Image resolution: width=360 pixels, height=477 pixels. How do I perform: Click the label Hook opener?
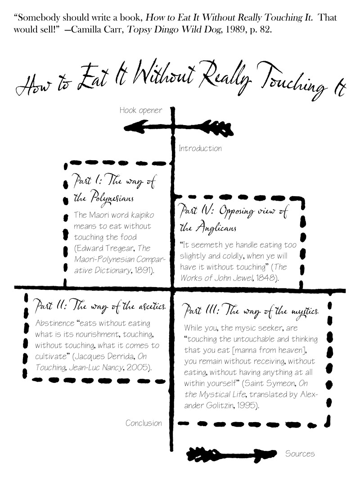140,110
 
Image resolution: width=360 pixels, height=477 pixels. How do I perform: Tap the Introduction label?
200,148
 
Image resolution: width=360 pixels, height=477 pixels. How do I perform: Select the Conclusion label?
144,423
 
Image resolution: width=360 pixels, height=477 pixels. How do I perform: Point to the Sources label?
300,454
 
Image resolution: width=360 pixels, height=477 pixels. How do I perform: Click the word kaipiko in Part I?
141,215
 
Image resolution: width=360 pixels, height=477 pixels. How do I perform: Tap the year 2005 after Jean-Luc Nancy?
139,367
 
